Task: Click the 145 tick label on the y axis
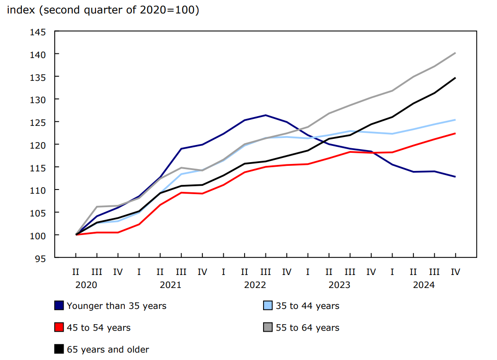tap(39, 32)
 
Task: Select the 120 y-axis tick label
tap(39, 145)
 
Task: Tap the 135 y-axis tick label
tap(39, 77)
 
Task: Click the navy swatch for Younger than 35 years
tap(59, 306)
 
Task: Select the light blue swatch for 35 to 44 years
tap(268, 306)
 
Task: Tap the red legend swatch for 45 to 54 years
tap(59, 327)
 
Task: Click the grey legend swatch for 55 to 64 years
tap(268, 327)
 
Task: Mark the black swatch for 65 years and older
tap(59, 349)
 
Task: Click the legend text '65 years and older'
tap(108, 349)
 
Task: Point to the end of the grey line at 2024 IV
tap(455, 53)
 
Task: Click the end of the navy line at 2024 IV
tap(455, 177)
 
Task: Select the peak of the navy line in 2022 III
tap(265, 115)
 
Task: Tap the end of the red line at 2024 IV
tap(455, 133)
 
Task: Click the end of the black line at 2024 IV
tap(455, 78)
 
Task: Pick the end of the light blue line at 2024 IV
tap(455, 120)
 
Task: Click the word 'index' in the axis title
tap(21, 10)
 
